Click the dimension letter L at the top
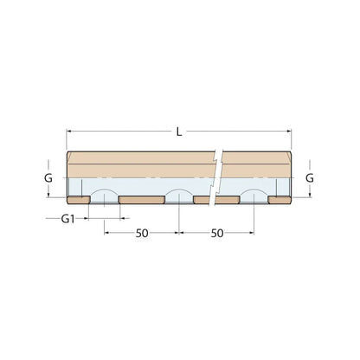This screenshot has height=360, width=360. click(179, 132)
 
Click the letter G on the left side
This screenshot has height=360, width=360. click(48, 177)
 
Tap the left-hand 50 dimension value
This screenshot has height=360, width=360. click(142, 233)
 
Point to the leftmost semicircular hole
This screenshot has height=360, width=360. click(105, 194)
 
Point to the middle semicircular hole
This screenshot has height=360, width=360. click(178, 194)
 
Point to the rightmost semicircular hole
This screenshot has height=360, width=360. click(254, 194)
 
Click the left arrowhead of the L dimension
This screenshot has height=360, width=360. click(70, 132)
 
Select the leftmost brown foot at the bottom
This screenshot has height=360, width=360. click(79, 201)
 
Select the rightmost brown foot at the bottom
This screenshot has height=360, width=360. click(280, 201)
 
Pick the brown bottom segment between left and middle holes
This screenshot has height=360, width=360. click(141, 201)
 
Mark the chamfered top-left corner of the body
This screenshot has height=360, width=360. click(69, 156)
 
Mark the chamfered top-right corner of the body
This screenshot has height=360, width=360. click(290, 156)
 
